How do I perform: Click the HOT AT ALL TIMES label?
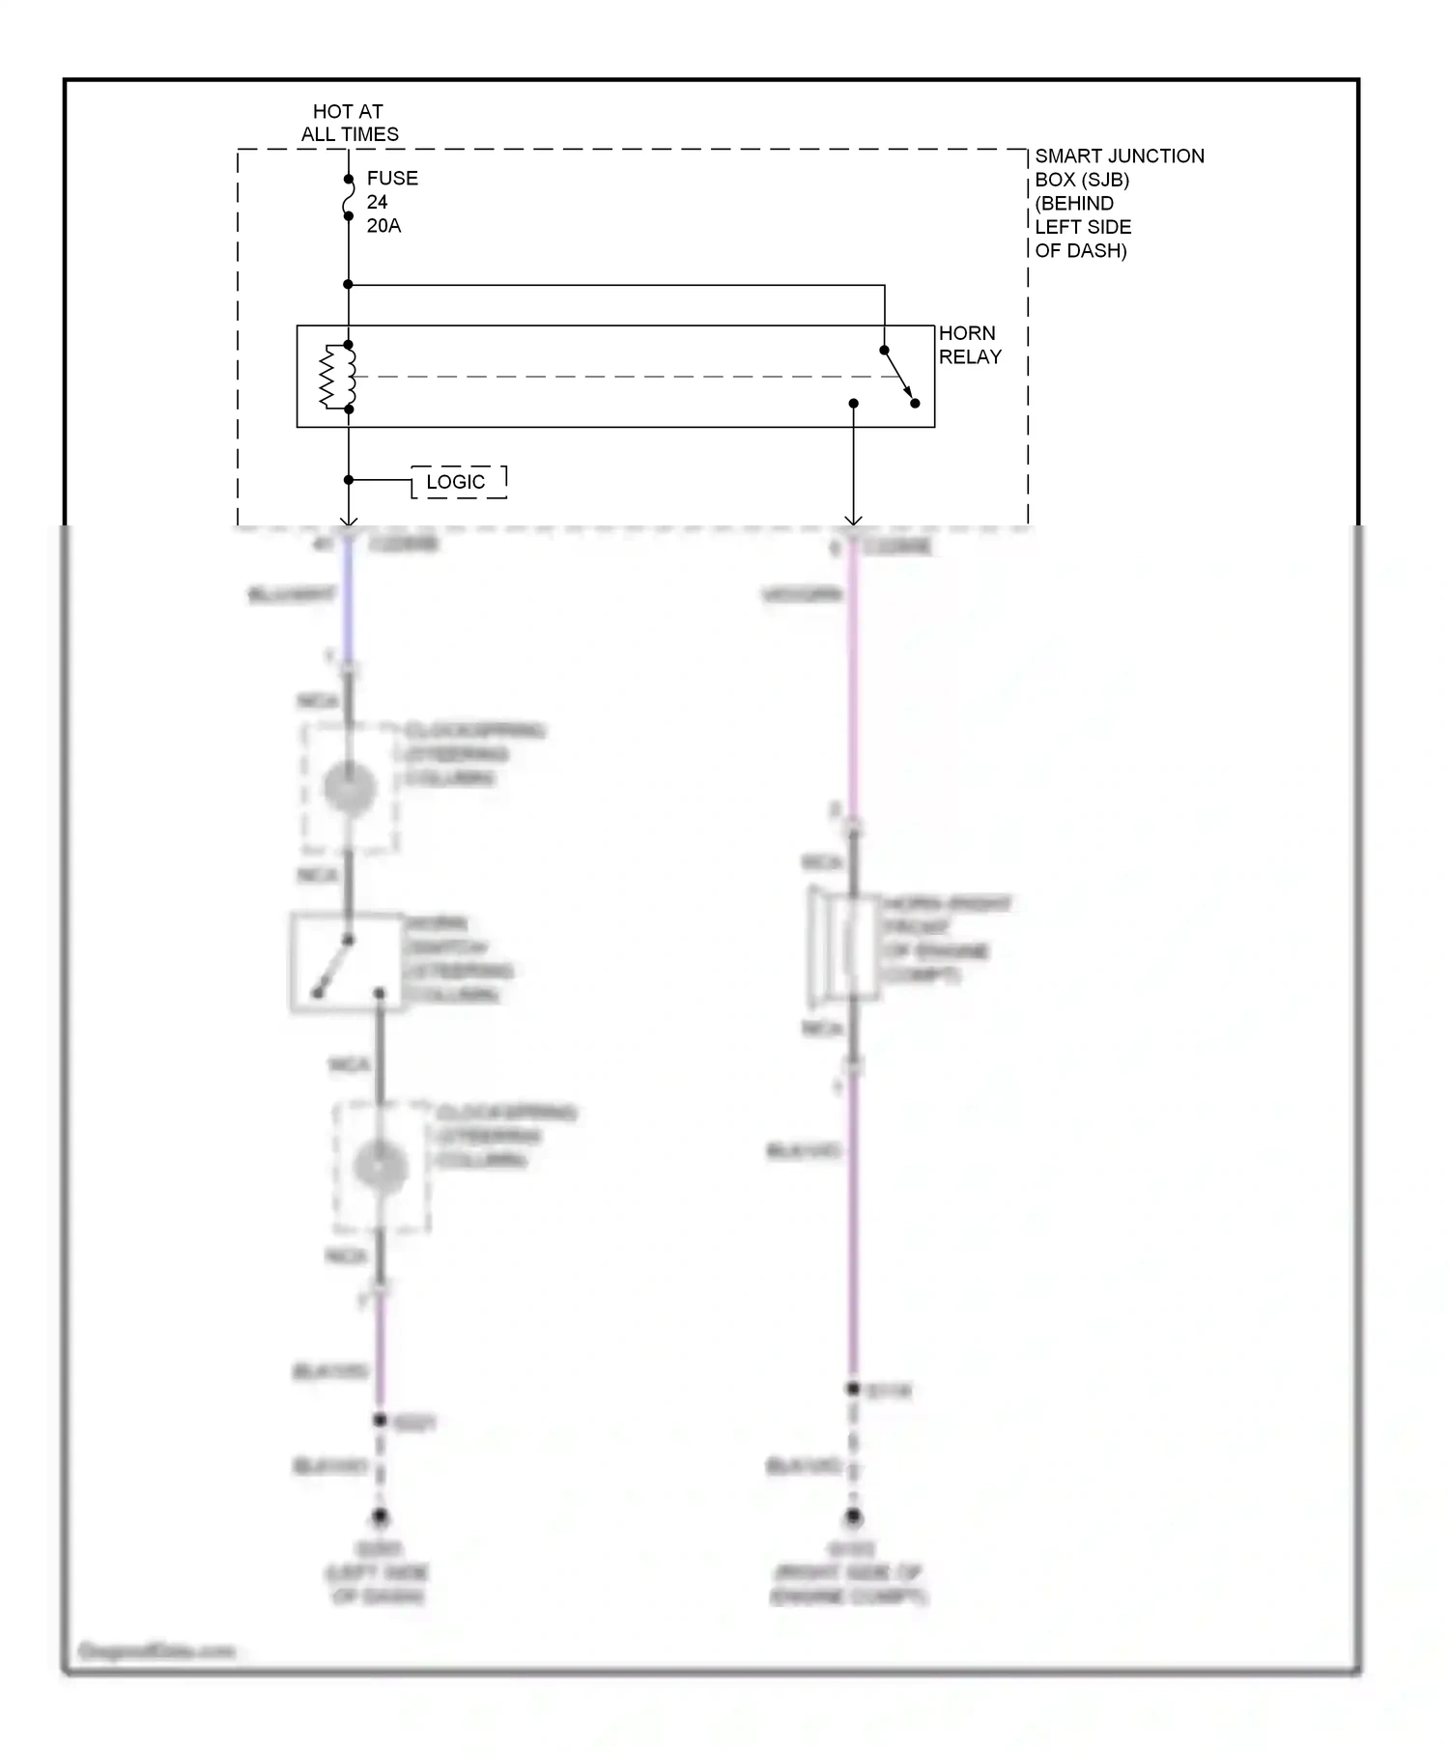tap(349, 123)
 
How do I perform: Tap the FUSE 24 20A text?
tap(390, 202)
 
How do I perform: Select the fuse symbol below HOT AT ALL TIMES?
tap(349, 198)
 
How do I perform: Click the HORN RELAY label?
tap(969, 345)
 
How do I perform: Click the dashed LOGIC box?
tap(458, 482)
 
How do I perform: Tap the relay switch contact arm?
tap(899, 377)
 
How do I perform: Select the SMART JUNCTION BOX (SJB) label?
tap(1118, 203)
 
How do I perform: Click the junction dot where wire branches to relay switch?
tap(349, 284)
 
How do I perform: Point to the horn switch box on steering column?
tap(346, 962)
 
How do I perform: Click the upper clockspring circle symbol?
tap(350, 789)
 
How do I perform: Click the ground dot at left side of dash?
tap(381, 1517)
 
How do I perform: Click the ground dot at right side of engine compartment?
tap(853, 1517)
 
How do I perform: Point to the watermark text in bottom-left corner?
tap(156, 1651)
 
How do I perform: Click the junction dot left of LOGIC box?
tap(349, 480)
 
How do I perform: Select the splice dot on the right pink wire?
tap(853, 1389)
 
